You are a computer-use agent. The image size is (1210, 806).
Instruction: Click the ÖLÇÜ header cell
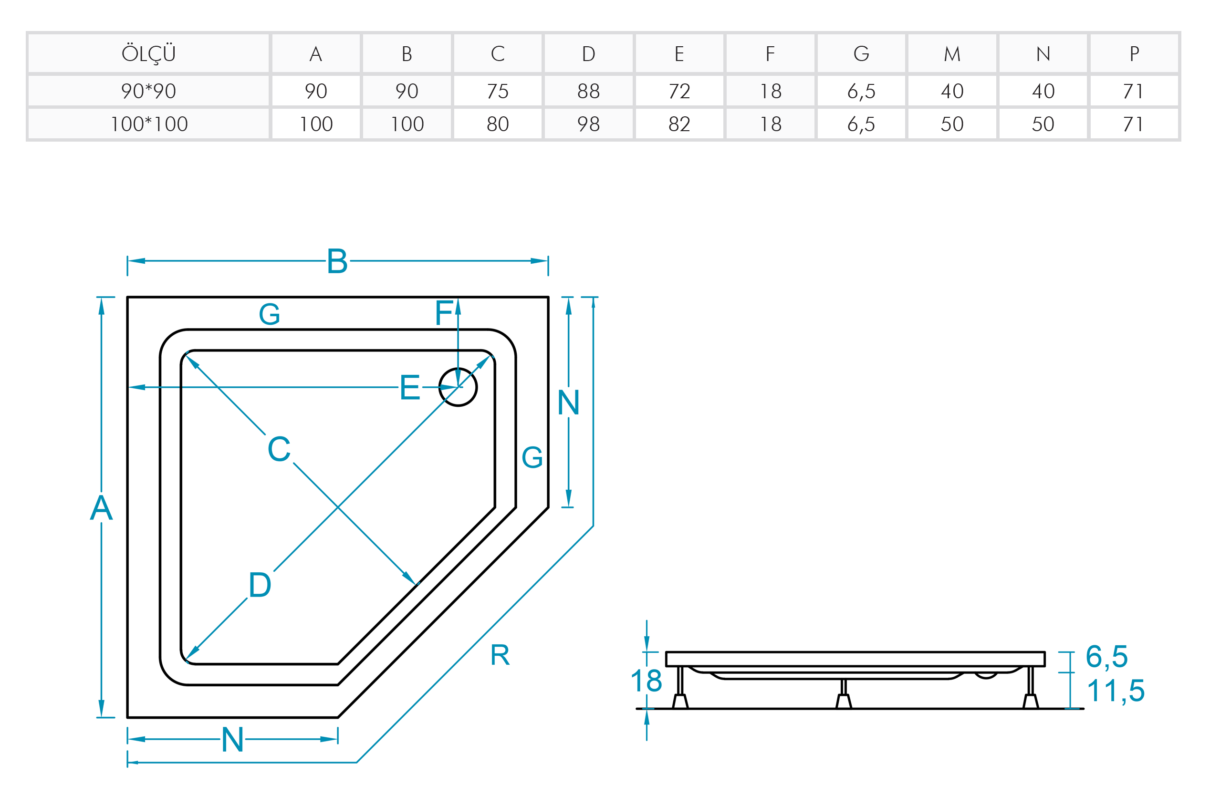tap(148, 53)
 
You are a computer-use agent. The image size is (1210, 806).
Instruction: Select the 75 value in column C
tap(497, 92)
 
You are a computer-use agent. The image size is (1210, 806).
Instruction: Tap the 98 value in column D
tap(588, 124)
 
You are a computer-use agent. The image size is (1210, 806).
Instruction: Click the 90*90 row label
tap(148, 92)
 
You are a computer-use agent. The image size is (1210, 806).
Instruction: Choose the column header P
tap(1133, 53)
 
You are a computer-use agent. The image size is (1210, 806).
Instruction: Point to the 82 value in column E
tap(679, 124)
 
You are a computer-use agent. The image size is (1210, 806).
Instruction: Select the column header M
tap(951, 53)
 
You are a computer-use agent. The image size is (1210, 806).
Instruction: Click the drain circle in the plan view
tap(458, 387)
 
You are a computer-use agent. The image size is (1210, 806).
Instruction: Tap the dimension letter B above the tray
tap(337, 261)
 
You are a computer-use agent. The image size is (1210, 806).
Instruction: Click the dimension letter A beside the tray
tap(101, 508)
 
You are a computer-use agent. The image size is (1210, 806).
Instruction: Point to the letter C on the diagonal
tap(279, 449)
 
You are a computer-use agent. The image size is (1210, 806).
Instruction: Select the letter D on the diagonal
tap(260, 585)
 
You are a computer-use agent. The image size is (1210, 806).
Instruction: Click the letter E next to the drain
tap(410, 388)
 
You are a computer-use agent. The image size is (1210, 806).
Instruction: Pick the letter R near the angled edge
tap(500, 655)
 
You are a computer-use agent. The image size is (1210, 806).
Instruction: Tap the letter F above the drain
tap(444, 313)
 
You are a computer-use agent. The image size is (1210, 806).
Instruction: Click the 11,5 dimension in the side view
tap(1116, 690)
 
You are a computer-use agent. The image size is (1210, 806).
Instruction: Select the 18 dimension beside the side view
tap(646, 681)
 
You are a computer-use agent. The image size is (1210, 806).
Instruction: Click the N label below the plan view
tap(232, 740)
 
